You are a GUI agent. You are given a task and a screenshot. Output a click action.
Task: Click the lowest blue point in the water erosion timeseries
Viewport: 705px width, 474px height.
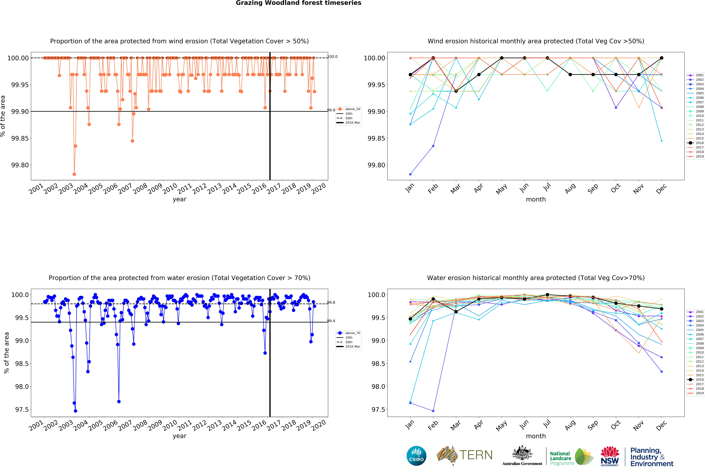pos(75,411)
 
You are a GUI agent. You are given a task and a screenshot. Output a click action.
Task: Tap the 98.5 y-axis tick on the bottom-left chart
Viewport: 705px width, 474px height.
pos(22,364)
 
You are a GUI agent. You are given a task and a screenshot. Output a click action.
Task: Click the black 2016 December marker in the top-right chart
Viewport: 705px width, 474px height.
pos(662,58)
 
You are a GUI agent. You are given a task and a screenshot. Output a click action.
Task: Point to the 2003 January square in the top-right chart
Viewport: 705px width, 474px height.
pos(410,174)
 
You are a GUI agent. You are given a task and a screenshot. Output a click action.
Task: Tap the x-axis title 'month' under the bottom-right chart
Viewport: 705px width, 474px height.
pos(536,436)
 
